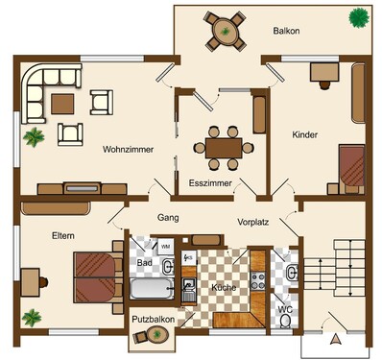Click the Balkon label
(286, 31)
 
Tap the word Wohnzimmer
(128, 150)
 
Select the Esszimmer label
(210, 183)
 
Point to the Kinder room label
(305, 134)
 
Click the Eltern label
(63, 236)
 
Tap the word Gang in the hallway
(168, 218)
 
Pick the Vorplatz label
(253, 222)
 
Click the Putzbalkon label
(154, 319)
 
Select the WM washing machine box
(166, 247)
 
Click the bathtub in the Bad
(152, 288)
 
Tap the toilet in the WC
(284, 321)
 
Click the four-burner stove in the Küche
(258, 280)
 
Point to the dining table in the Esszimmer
(224, 148)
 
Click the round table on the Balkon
(226, 32)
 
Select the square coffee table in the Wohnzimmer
(62, 104)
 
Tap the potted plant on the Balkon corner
(359, 17)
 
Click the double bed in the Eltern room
(94, 277)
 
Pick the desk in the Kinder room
(324, 72)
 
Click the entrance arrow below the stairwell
(336, 339)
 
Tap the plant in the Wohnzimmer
(34, 137)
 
